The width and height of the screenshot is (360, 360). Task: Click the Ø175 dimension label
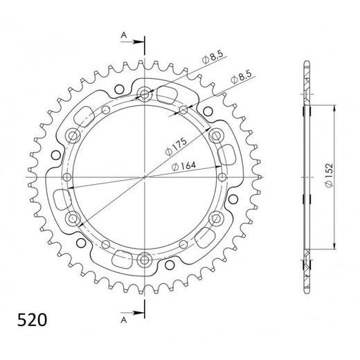point(176,147)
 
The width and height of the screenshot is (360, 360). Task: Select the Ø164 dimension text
point(184,166)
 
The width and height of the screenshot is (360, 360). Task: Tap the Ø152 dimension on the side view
point(329,175)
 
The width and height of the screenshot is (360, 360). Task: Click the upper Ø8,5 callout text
point(213,57)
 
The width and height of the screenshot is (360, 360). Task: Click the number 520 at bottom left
point(32,320)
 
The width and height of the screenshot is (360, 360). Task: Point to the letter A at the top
point(124,35)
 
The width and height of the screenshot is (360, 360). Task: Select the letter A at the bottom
point(124,321)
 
